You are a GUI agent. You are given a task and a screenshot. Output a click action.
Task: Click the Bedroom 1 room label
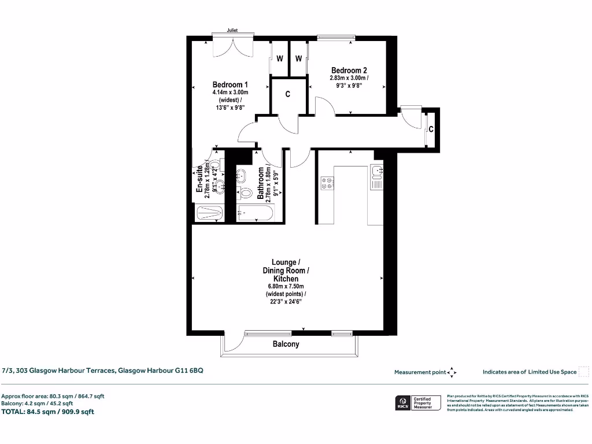[x=230, y=84]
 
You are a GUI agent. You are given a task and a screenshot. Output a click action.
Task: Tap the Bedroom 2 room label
[x=349, y=71]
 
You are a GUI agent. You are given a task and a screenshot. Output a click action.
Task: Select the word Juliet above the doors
[x=232, y=31]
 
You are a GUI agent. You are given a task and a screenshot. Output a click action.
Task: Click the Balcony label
[x=286, y=344]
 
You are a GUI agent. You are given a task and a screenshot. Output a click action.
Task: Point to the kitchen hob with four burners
[x=327, y=183]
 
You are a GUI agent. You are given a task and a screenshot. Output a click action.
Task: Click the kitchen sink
[x=376, y=171]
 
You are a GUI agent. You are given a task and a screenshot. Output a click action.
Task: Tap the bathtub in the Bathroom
[x=257, y=214]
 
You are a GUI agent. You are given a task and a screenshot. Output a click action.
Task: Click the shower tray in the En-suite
[x=209, y=213]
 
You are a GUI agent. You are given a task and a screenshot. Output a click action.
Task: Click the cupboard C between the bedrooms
[x=287, y=94]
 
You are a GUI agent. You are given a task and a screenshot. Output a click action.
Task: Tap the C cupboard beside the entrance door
[x=431, y=129]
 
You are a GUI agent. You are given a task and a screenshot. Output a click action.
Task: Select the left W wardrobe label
[x=279, y=58]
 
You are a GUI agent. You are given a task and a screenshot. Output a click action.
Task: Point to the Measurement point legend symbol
[x=452, y=372]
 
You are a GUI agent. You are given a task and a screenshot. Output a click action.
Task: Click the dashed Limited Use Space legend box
[x=583, y=372]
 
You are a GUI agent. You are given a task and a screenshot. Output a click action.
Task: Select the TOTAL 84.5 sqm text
[x=47, y=412]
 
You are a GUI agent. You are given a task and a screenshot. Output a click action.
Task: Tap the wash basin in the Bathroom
[x=241, y=175]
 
